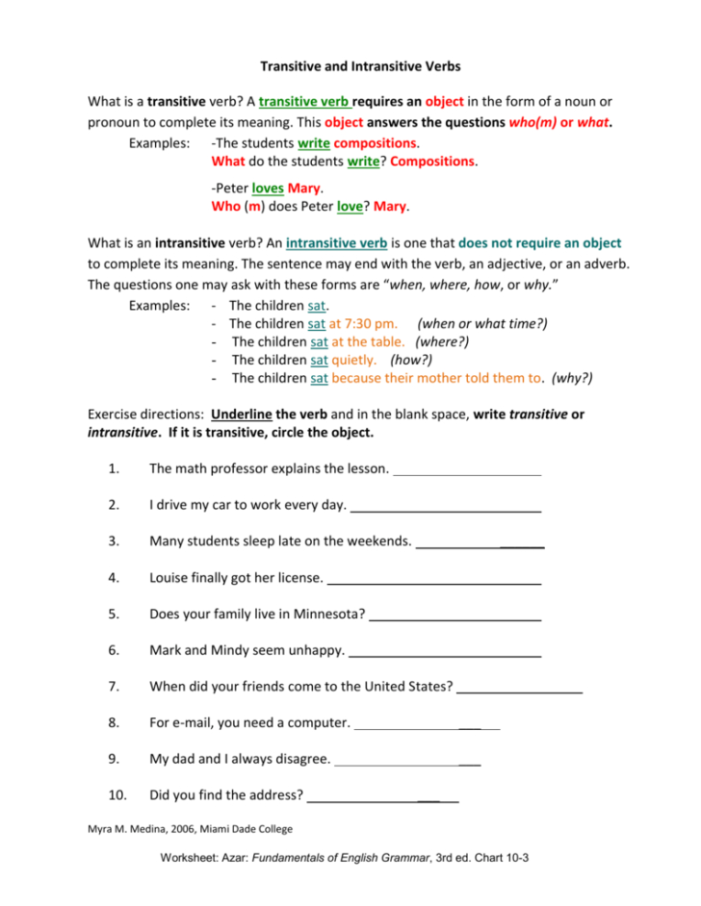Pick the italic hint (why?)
pyautogui.click(x=571, y=378)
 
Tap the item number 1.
pyautogui.click(x=114, y=468)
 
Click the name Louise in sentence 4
pyautogui.click(x=170, y=578)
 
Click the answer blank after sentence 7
pyautogui.click(x=520, y=687)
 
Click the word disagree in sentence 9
pyautogui.click(x=297, y=759)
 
